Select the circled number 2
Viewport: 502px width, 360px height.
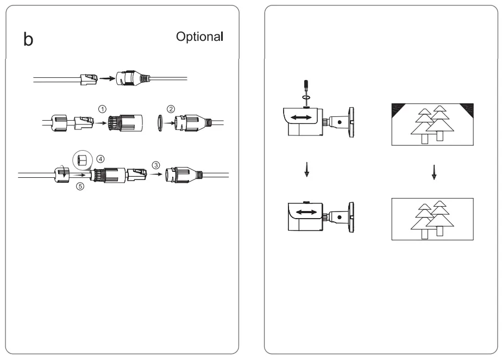[x=171, y=108]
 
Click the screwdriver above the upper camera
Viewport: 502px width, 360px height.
[x=306, y=88]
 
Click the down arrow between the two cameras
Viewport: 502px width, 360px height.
[x=307, y=171]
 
